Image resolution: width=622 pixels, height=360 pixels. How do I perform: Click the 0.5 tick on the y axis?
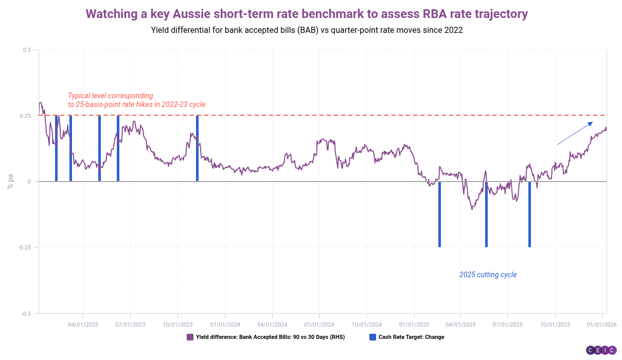click(27, 50)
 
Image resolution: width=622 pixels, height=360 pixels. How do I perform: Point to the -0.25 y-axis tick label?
click(25, 247)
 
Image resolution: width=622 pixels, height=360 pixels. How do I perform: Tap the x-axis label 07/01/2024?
click(319, 325)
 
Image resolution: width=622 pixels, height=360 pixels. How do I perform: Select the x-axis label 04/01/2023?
click(83, 325)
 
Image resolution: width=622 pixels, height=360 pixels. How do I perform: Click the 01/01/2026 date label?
click(602, 325)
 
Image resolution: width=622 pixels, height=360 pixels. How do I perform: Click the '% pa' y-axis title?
click(10, 182)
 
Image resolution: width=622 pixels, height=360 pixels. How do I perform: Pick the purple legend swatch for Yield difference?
click(190, 337)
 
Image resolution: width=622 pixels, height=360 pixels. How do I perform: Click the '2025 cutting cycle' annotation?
click(488, 275)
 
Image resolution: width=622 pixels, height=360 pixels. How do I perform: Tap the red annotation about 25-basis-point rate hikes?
click(136, 100)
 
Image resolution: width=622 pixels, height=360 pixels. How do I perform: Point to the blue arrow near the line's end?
click(575, 133)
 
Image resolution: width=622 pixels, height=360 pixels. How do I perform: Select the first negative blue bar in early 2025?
click(439, 214)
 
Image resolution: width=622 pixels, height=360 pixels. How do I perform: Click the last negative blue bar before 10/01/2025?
click(529, 214)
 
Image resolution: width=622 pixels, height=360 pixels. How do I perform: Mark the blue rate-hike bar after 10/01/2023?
click(197, 149)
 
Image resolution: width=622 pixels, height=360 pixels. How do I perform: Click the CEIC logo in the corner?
click(601, 350)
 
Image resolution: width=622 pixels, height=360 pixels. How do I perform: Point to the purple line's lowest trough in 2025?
click(472, 209)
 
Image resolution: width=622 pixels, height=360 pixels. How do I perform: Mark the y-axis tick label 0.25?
click(25, 116)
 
